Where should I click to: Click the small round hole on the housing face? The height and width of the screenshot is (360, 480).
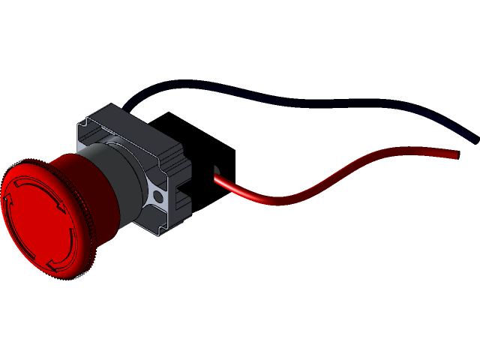coord(157,196)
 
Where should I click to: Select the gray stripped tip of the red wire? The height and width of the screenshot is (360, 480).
coord(216,171)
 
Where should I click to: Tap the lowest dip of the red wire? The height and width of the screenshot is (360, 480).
coord(277,201)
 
